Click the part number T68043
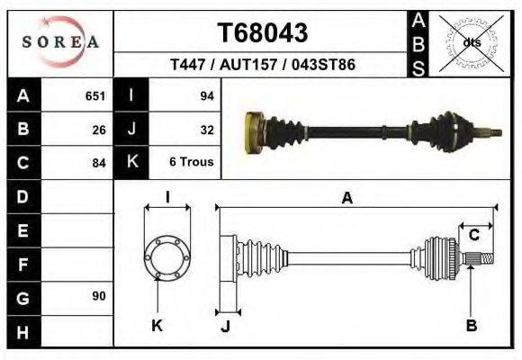[263, 33]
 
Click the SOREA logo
[60, 41]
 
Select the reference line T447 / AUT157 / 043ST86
[263, 67]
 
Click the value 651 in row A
[95, 95]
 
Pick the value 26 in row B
[99, 130]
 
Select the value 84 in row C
[99, 164]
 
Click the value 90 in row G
[99, 296]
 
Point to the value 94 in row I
[206, 95]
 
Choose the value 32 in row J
[206, 130]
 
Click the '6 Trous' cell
[191, 164]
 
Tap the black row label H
[22, 331]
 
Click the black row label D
[22, 196]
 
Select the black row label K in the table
[132, 163]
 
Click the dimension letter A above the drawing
[347, 199]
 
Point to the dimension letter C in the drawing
[473, 236]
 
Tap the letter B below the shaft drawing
[471, 326]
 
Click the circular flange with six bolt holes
[166, 257]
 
